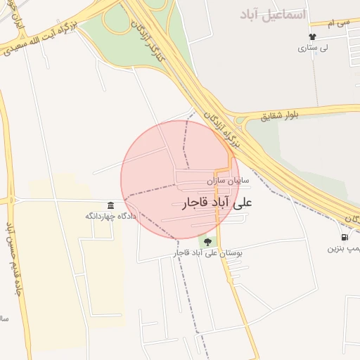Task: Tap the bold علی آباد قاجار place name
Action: [220, 202]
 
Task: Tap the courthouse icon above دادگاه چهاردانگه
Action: [110, 205]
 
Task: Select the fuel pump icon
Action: [344, 238]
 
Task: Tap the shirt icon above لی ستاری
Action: [312, 37]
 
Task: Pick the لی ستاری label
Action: [313, 49]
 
